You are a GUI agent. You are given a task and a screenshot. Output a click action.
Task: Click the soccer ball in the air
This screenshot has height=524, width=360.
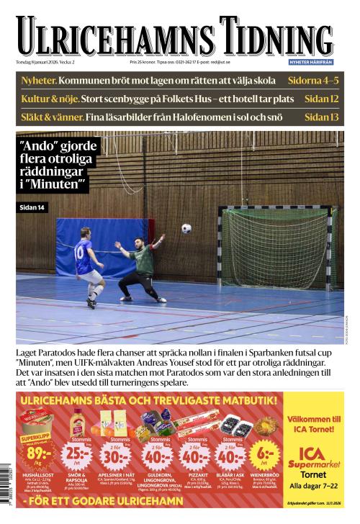tap(186, 228)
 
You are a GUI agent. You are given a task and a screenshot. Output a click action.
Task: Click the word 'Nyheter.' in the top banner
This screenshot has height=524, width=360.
tap(38, 80)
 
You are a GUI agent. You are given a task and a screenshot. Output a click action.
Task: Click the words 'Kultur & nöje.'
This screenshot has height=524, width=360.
tap(50, 98)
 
